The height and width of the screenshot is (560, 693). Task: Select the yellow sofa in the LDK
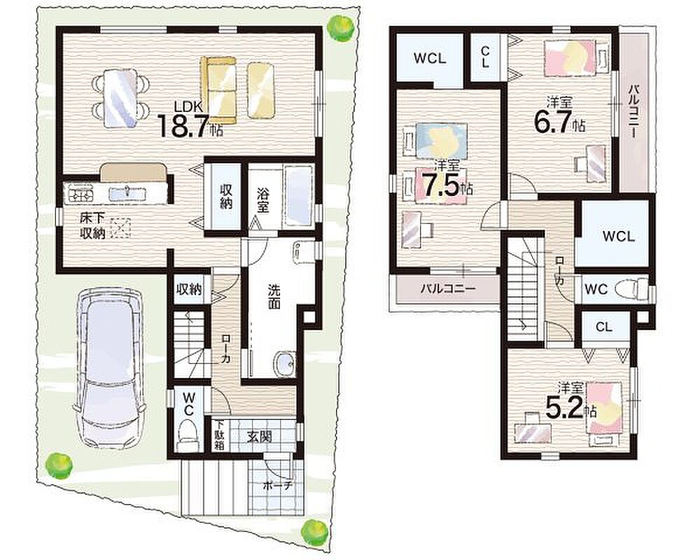pyautogui.click(x=218, y=90)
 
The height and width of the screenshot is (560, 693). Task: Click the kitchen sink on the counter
pyautogui.click(x=127, y=194)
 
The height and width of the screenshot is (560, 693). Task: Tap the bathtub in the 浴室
pyautogui.click(x=298, y=196)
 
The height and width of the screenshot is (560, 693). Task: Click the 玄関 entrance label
pyautogui.click(x=260, y=436)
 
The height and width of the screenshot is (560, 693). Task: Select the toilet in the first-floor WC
pyautogui.click(x=188, y=435)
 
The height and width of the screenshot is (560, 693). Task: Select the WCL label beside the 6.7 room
pyautogui.click(x=618, y=236)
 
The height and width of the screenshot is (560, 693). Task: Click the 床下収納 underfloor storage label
pyautogui.click(x=92, y=225)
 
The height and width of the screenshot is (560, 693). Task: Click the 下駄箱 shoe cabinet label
pyautogui.click(x=220, y=435)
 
